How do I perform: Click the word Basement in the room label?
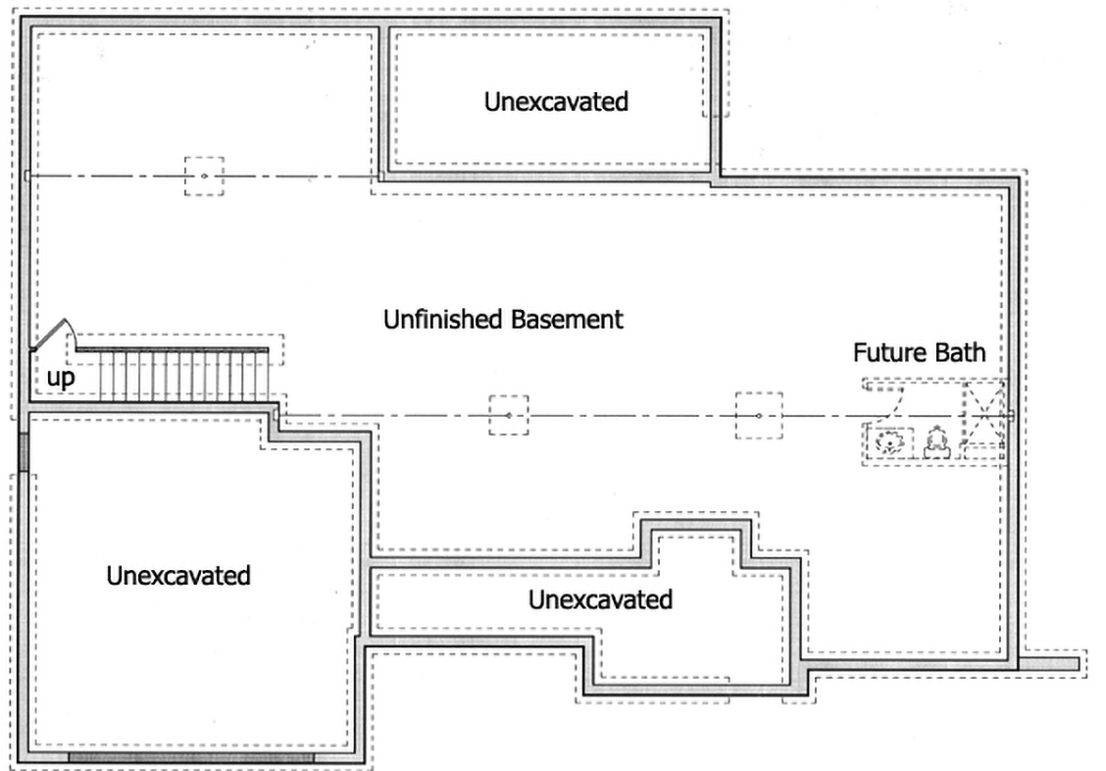(567, 320)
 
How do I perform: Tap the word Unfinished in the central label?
(443, 320)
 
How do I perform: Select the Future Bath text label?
(919, 352)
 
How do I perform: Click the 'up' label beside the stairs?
(61, 378)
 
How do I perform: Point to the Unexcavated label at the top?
(556, 102)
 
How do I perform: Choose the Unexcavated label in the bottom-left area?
(178, 576)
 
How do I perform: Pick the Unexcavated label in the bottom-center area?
(600, 599)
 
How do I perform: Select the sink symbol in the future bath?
(888, 442)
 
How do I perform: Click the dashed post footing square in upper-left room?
(205, 176)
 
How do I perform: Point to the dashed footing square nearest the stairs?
(509, 415)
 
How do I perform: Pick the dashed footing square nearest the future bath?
(758, 416)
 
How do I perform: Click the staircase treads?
(183, 377)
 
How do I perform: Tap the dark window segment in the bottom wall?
(190, 757)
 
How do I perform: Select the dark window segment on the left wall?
(24, 451)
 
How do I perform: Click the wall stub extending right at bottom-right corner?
(1048, 664)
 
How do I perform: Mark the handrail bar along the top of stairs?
(173, 349)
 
